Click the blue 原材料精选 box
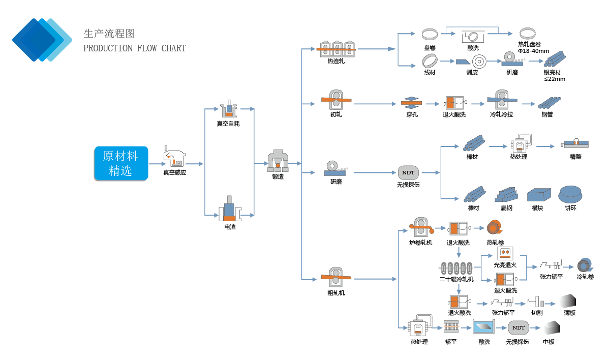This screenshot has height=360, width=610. click(x=121, y=164)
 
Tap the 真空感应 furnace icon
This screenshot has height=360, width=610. click(x=174, y=157)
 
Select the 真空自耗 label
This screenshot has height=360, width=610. click(x=228, y=124)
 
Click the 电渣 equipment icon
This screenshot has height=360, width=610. click(x=230, y=208)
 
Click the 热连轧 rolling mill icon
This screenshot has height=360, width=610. click(x=335, y=48)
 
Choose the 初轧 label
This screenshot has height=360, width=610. click(x=336, y=114)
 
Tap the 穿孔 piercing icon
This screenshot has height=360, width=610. click(x=412, y=102)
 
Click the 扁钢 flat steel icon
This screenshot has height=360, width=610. click(x=507, y=195)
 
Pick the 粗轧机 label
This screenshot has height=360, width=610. click(x=336, y=293)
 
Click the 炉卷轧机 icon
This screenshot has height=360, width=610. click(x=421, y=227)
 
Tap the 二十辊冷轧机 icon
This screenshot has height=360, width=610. click(x=456, y=267)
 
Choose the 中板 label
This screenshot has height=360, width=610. click(x=548, y=342)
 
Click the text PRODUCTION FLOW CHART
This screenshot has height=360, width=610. click(x=134, y=49)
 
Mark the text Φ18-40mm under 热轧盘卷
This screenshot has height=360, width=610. click(x=533, y=51)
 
